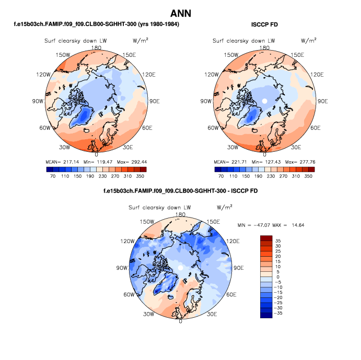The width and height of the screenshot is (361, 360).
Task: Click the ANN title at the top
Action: click(x=180, y=13)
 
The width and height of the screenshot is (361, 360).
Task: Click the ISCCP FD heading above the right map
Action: click(x=264, y=25)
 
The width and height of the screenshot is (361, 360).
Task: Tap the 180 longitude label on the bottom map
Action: click(x=181, y=214)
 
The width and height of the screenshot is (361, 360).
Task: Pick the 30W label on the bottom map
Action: click(x=148, y=314)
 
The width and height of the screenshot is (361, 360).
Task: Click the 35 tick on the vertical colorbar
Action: click(x=277, y=240)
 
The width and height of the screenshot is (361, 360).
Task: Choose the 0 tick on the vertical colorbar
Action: click(x=277, y=277)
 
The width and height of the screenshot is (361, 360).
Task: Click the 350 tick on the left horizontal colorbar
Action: click(x=141, y=177)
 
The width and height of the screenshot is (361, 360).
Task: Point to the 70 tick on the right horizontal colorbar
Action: click(x=222, y=177)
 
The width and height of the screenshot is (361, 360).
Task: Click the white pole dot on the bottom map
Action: click(x=180, y=267)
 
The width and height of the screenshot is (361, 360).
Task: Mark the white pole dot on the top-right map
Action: click(x=264, y=100)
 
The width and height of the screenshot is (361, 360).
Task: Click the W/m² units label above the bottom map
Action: click(x=224, y=207)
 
